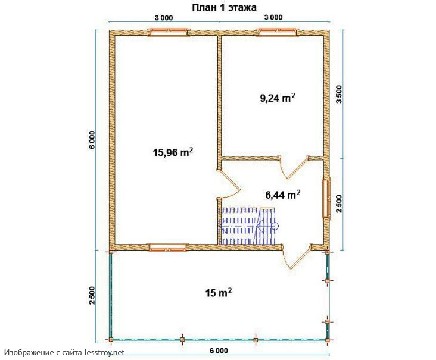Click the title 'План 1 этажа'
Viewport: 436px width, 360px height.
(224, 8)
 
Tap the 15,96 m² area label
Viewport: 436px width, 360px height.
(173, 152)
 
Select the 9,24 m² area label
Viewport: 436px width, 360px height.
(278, 98)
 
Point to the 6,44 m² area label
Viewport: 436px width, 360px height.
(283, 195)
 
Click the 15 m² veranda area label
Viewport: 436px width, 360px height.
(219, 293)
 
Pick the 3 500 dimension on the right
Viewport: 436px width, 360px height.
(339, 94)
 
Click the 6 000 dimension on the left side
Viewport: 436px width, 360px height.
(92, 140)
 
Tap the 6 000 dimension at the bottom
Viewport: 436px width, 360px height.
(219, 350)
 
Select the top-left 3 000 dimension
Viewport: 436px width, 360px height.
(164, 18)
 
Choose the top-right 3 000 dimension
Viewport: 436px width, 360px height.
(273, 17)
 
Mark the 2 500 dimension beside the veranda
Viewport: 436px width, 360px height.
(92, 295)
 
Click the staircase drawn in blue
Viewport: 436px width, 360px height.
(248, 226)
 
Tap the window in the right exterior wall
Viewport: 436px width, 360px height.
(326, 198)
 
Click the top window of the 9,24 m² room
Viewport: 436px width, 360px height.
(277, 32)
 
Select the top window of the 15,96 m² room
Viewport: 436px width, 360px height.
(168, 32)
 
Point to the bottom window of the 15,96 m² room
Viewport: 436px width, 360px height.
(168, 247)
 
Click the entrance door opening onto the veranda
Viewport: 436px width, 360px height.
(297, 256)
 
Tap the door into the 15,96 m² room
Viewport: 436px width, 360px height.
(228, 183)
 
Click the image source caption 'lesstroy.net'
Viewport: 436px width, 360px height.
(105, 352)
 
